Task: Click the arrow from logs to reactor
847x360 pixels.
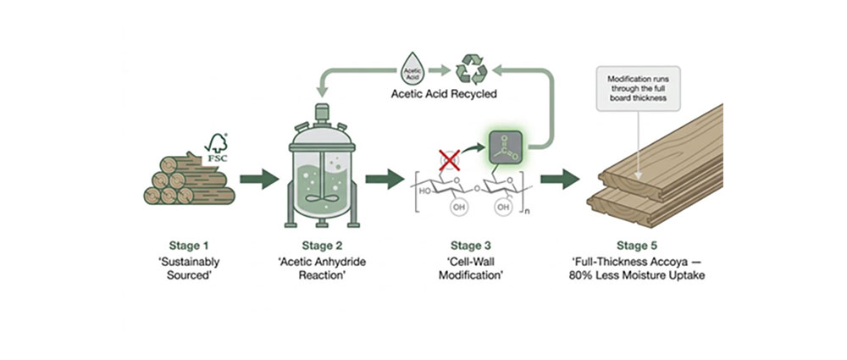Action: pos(259,179)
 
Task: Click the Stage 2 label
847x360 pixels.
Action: pos(322,246)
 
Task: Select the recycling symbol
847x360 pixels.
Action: pos(471,69)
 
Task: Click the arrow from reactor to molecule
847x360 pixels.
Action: pos(384,179)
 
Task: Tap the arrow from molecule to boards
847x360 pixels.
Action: pos(560,179)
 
